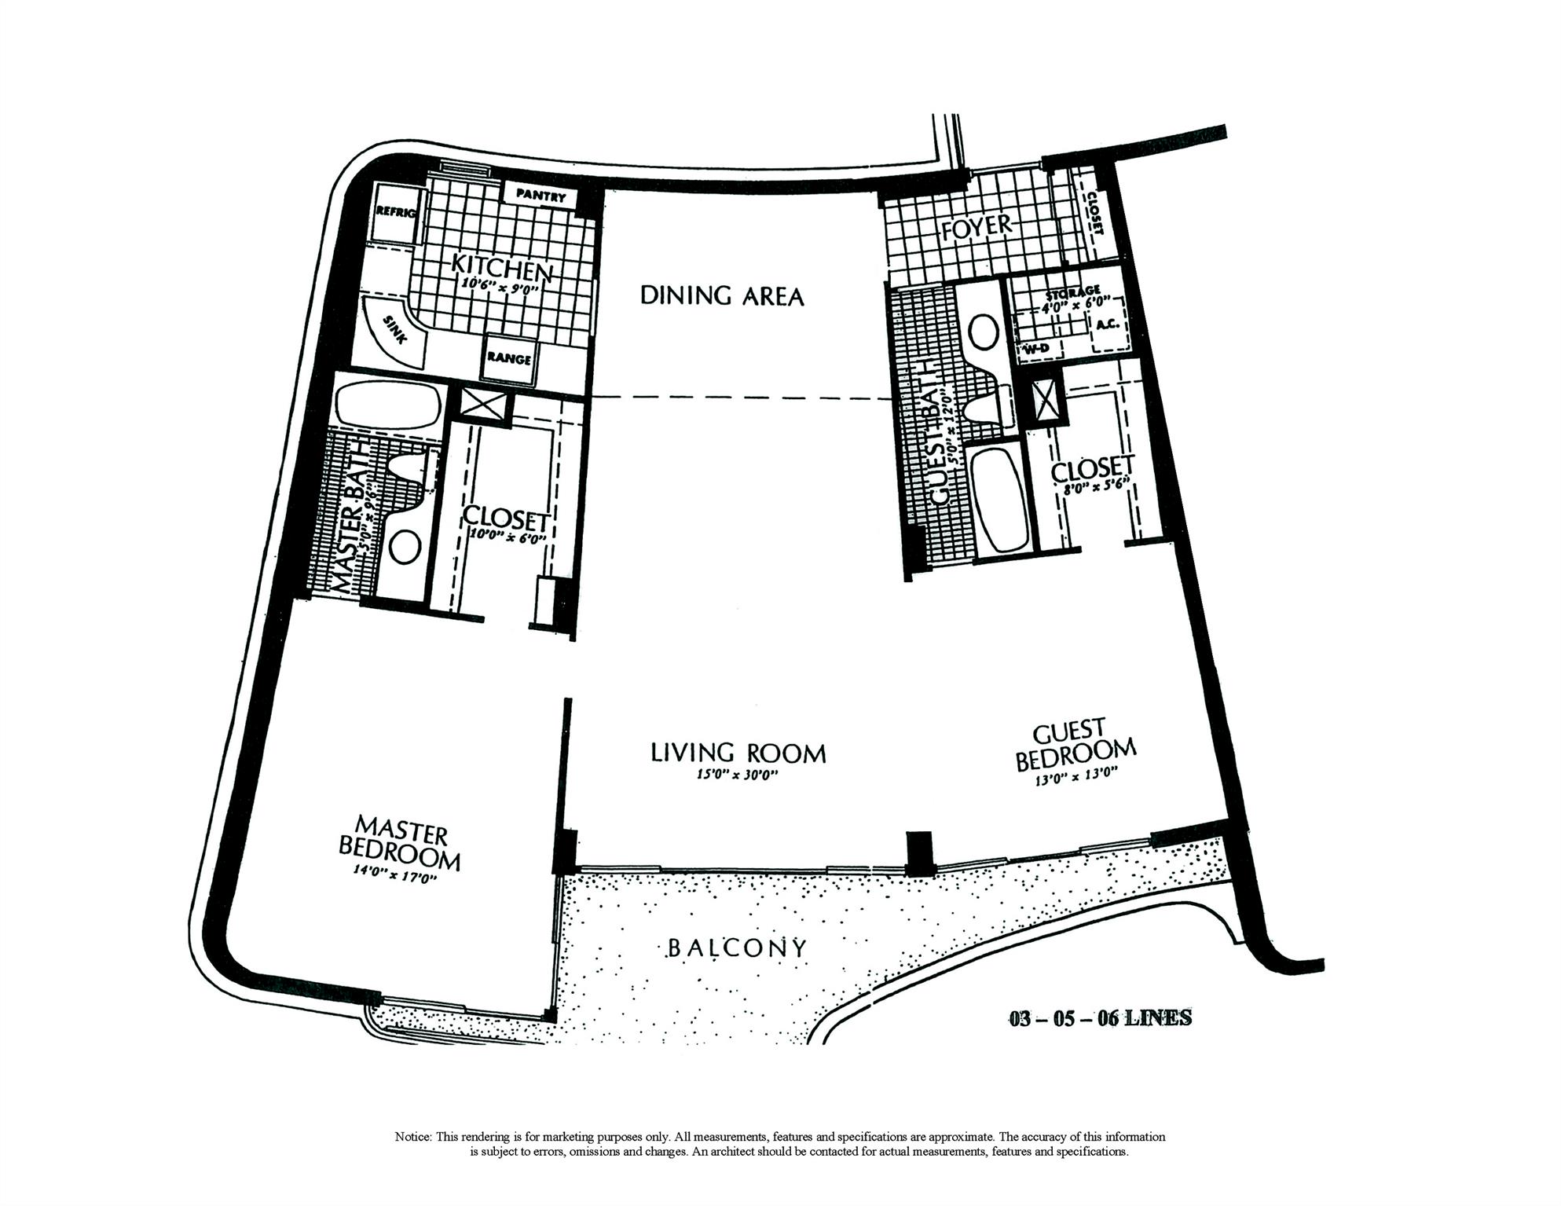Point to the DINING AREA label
pos(722,296)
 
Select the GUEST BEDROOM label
pos(1075,746)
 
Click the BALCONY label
pos(736,948)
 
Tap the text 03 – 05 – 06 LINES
pos(1100,1019)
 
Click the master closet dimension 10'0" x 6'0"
pos(506,538)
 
